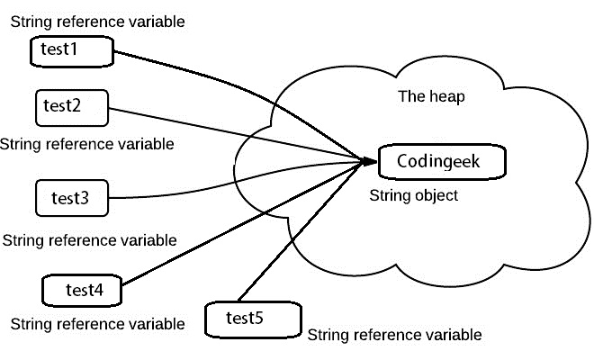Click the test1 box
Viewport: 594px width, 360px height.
[71, 51]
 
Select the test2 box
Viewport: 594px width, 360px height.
[71, 105]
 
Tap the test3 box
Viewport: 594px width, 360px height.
[71, 197]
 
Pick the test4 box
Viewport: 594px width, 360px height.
[82, 290]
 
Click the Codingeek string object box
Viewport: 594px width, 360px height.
[440, 162]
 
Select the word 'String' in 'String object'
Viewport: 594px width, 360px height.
[390, 195]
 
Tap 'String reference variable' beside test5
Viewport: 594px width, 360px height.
[394, 335]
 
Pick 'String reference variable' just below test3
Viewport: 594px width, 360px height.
[89, 240]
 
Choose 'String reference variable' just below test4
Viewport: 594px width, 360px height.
[96, 323]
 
